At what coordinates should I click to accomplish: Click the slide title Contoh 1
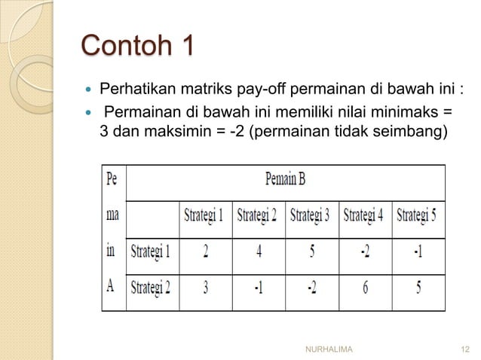pyautogui.click(x=137, y=46)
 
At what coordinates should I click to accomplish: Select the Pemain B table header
pyautogui.click(x=285, y=181)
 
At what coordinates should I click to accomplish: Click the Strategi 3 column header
pyautogui.click(x=311, y=215)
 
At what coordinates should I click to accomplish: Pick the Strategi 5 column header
pyautogui.click(x=418, y=215)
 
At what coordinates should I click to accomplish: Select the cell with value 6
pyautogui.click(x=364, y=288)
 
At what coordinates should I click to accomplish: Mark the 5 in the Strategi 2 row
pyautogui.click(x=418, y=288)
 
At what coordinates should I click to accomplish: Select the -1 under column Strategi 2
pyautogui.click(x=259, y=288)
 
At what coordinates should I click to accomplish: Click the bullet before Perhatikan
pyautogui.click(x=87, y=92)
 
